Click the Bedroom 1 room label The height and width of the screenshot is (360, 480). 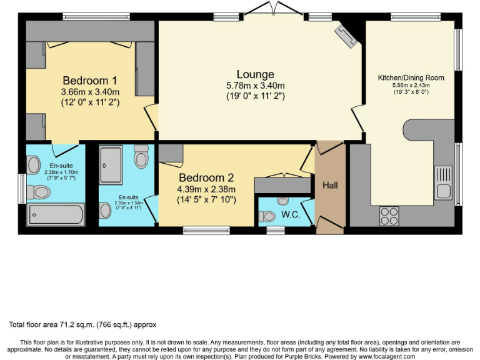tap(90, 81)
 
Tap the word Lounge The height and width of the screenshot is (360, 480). tap(255, 75)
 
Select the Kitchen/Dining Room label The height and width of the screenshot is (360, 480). tap(411, 78)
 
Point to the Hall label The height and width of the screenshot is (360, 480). tap(329, 186)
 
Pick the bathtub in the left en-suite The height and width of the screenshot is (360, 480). tap(55, 214)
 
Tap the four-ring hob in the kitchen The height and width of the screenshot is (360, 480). tap(389, 216)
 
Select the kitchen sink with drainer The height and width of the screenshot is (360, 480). tap(444, 181)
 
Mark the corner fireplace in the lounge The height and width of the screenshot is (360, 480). tap(346, 36)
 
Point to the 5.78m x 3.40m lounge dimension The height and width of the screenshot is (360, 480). tap(255, 86)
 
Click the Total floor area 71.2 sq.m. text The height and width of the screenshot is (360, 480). tap(82, 325)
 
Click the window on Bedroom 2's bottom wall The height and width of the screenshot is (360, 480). tap(206, 230)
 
